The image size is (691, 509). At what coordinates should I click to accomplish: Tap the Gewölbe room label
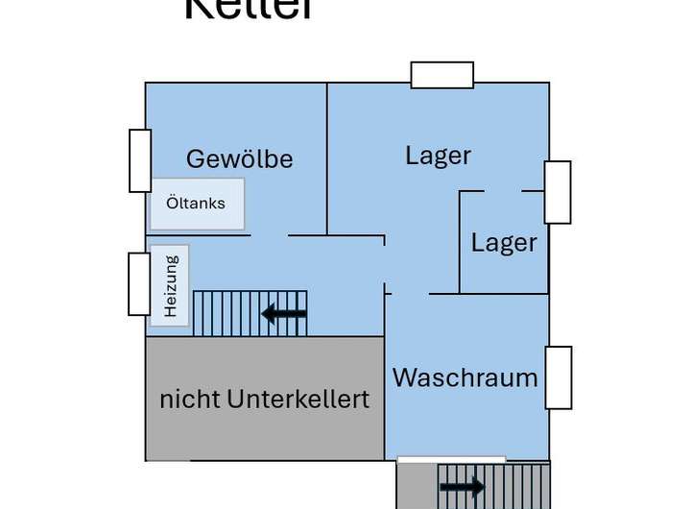click(239, 158)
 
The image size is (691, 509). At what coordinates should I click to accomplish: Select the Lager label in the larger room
click(438, 156)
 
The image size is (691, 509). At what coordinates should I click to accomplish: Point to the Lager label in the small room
click(504, 243)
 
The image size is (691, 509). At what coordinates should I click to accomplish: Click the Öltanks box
click(197, 204)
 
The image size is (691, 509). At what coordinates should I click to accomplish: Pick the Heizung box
click(170, 285)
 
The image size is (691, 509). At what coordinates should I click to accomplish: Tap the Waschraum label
click(465, 377)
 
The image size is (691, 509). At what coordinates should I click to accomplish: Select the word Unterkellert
click(298, 399)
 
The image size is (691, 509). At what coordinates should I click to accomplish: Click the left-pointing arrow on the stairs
click(284, 313)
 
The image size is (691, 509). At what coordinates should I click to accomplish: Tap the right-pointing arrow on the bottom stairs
click(463, 488)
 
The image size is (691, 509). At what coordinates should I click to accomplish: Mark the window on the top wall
click(441, 75)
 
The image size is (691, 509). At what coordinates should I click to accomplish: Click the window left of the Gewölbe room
click(140, 160)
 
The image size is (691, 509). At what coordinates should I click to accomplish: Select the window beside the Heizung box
click(139, 283)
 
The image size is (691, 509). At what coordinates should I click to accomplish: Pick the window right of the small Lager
click(558, 192)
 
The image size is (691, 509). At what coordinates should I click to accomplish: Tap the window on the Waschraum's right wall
click(558, 377)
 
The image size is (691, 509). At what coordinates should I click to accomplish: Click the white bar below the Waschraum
click(451, 460)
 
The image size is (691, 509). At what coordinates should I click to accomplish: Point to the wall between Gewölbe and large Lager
click(327, 158)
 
